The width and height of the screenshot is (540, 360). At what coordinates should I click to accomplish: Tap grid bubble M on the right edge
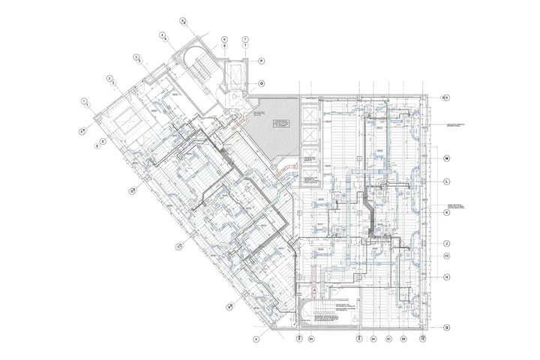[x=445, y=158]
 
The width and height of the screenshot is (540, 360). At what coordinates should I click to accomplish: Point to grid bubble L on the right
[x=445, y=181]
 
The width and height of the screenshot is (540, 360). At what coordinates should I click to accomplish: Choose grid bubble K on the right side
[x=445, y=212]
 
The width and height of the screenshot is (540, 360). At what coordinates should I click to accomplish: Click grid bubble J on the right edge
[x=445, y=243]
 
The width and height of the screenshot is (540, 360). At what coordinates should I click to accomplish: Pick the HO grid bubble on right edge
[x=445, y=256]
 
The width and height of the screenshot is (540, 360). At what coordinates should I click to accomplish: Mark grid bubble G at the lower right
[x=445, y=327]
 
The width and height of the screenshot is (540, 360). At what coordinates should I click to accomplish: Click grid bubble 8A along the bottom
[x=312, y=340]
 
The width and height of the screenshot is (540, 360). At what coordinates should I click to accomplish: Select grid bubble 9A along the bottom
[x=372, y=340]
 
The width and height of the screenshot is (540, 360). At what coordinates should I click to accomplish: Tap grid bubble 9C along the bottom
[x=388, y=340]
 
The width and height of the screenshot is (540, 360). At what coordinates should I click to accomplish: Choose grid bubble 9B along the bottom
[x=403, y=340]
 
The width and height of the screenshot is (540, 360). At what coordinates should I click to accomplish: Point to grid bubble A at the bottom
[x=256, y=340]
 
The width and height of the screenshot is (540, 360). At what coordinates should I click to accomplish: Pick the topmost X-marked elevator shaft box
[x=309, y=115]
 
